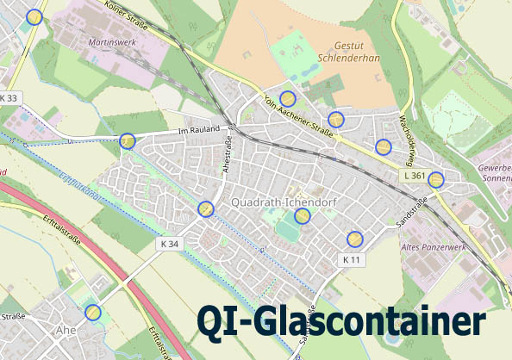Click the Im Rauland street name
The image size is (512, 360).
pos(195,131)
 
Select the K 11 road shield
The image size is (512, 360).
pos(352,258)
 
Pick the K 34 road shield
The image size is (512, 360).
pos(170,244)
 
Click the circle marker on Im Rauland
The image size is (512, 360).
pos(127,141)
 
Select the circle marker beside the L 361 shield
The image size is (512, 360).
pos(436,179)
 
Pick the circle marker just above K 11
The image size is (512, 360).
pos(354,239)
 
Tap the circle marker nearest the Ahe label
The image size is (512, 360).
pos(93,312)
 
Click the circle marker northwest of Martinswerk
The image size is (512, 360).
pos(34,16)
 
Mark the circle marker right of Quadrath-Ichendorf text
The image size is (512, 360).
pos(303,215)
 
